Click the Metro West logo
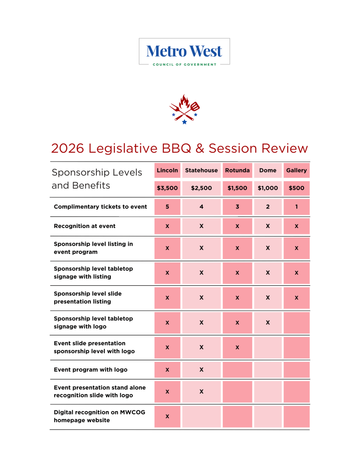(184, 52)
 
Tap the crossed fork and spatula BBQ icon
(184, 109)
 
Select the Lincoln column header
(167, 170)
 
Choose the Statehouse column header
(201, 170)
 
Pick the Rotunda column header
(237, 170)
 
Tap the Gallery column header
(296, 170)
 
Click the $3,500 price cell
(167, 188)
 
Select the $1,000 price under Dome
(268, 188)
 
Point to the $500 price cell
(296, 188)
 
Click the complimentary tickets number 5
(167, 207)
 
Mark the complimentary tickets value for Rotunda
(237, 207)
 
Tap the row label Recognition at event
(85, 226)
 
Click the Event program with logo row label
(90, 370)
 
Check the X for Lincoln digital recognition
(167, 416)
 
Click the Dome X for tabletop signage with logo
(268, 323)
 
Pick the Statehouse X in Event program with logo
(201, 370)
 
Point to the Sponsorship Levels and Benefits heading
(97, 179)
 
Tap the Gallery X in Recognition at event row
(296, 226)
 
